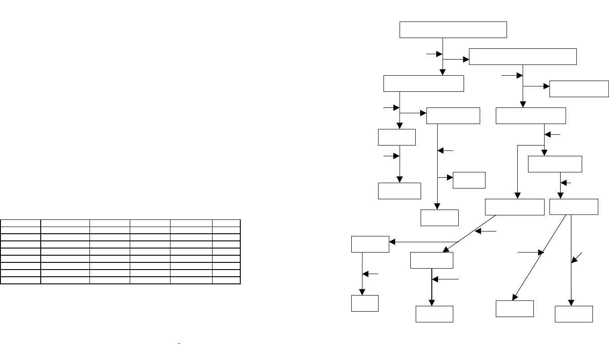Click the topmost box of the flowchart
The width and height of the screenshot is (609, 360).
(x=453, y=30)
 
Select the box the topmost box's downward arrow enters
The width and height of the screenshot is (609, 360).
(x=423, y=84)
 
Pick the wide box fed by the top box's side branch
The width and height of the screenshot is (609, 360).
(x=523, y=56)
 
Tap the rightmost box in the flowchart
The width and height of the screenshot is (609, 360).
(x=579, y=89)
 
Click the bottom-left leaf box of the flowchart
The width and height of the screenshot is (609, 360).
(x=365, y=303)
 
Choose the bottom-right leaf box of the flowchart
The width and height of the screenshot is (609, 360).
(x=574, y=314)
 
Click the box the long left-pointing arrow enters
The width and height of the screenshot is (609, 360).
(x=370, y=244)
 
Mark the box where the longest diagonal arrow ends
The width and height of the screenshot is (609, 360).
(x=515, y=308)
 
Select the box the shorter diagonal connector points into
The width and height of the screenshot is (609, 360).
(x=432, y=260)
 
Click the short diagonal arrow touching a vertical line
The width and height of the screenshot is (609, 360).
(x=577, y=257)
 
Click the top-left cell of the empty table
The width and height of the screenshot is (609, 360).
(x=21, y=223)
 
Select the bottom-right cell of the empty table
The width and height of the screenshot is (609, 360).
(x=226, y=280)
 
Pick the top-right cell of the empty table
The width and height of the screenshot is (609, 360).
(x=226, y=223)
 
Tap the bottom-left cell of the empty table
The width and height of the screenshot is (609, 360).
(x=21, y=280)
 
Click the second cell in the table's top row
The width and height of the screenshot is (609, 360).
(x=65, y=223)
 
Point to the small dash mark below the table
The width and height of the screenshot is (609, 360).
(x=179, y=344)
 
